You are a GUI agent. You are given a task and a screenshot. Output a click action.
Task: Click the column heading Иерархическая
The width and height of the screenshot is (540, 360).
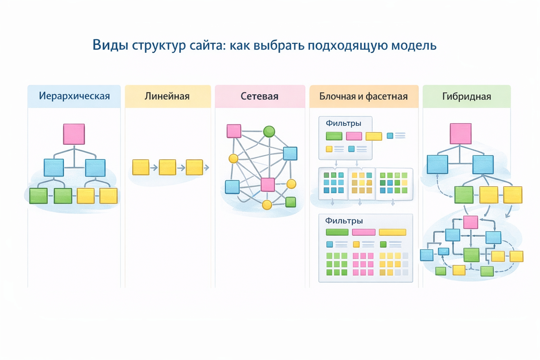tap(74, 96)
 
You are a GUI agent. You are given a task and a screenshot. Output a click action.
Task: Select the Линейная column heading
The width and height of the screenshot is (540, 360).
tap(167, 96)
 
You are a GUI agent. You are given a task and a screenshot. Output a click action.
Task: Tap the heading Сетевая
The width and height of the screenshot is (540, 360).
tap(259, 96)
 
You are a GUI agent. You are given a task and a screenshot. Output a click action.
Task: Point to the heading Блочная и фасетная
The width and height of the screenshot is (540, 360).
tap(364, 96)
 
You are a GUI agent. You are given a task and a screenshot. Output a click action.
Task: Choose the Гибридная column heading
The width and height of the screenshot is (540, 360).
tap(467, 96)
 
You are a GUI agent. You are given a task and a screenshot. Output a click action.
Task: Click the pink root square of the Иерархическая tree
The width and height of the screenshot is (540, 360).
tap(74, 134)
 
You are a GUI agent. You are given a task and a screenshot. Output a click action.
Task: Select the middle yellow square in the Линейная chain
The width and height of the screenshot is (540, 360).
tap(167, 167)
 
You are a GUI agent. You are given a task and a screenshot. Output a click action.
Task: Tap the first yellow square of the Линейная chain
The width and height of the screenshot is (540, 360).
tap(141, 167)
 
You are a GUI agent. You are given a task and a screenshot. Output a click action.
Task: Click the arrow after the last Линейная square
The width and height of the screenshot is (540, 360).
tap(207, 168)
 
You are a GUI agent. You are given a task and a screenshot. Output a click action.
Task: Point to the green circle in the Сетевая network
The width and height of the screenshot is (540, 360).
tap(269, 131)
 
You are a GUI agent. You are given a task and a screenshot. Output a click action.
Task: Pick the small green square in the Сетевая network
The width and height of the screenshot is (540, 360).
tap(290, 202)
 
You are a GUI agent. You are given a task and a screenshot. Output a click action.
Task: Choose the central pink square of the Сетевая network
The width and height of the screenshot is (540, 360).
tap(268, 185)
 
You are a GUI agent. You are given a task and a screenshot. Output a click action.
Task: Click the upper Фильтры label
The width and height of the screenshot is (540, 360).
tap(343, 123)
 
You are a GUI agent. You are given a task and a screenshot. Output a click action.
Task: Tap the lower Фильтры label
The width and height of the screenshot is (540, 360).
tap(344, 221)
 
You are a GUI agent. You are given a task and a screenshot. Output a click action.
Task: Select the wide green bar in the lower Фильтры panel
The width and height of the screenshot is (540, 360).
tap(337, 232)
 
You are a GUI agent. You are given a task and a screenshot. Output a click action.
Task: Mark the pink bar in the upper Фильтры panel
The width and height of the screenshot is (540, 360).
tap(354, 136)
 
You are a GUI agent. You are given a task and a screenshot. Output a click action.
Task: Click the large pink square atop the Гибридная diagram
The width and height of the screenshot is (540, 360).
tap(461, 134)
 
